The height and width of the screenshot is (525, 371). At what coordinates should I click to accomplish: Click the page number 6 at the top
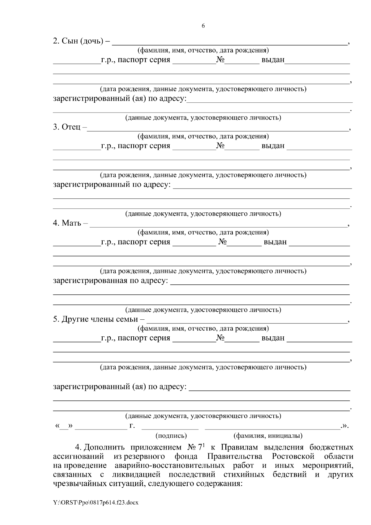(203, 26)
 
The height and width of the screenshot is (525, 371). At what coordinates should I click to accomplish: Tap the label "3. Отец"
(67, 127)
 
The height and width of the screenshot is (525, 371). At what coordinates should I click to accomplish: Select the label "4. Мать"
(67, 223)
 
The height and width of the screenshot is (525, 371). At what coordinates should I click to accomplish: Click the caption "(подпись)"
(171, 436)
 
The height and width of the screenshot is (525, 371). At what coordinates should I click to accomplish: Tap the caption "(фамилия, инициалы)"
(268, 436)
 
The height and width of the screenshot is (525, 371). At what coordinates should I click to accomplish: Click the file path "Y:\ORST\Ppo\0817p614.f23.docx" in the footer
(96, 503)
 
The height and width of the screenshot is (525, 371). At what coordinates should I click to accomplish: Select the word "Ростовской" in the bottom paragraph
(293, 456)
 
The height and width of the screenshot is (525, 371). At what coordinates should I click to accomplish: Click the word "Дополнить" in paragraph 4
(104, 447)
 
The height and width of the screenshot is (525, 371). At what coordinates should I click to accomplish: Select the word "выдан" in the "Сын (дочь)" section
(273, 60)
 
